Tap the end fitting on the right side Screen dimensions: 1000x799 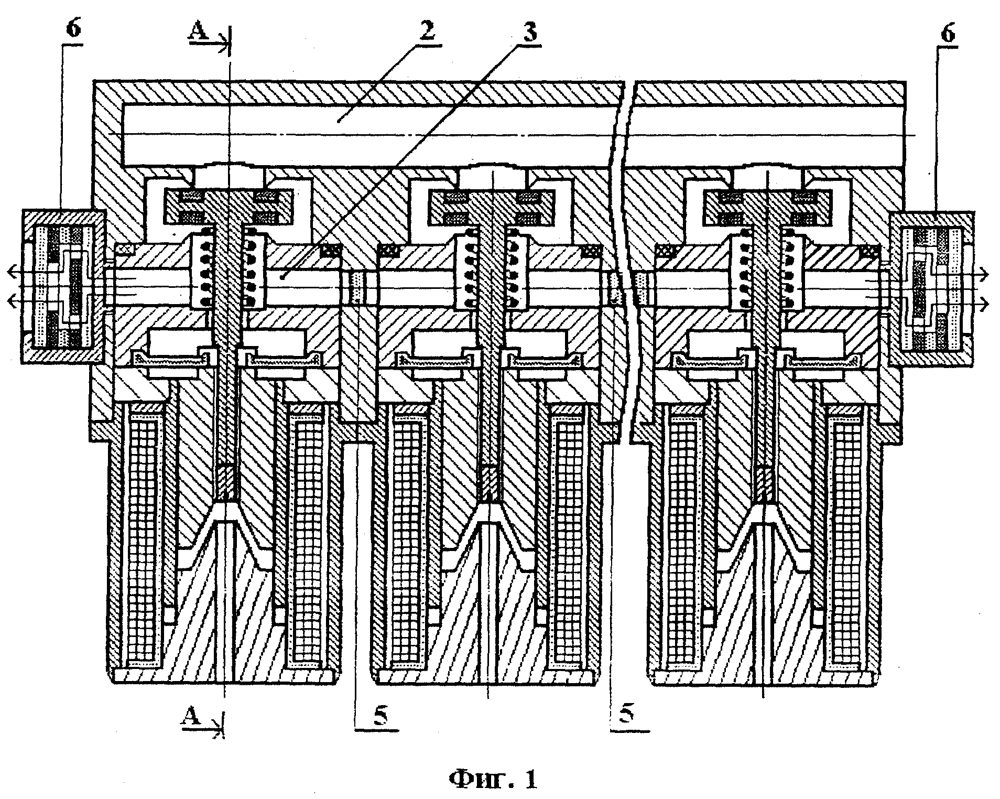click(x=932, y=286)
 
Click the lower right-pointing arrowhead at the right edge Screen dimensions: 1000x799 click(x=984, y=303)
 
